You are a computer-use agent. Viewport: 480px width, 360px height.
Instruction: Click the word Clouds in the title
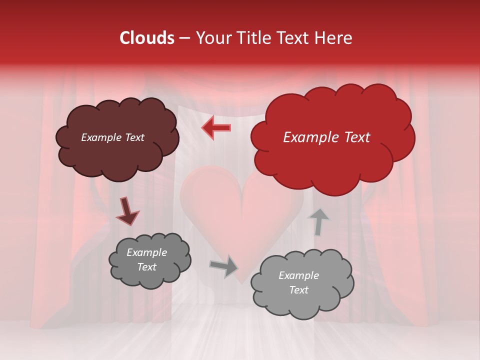coord(147,38)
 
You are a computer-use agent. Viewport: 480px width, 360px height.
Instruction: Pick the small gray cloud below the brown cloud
coord(150,260)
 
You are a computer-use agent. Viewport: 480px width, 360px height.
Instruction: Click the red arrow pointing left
coord(216,127)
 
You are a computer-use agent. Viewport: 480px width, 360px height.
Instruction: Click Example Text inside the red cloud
coord(326,137)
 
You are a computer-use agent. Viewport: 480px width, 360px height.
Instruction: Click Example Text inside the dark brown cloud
coord(112,137)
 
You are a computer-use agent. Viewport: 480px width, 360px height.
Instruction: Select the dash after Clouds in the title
coord(184,38)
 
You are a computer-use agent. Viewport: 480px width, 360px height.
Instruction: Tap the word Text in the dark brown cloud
coord(134,137)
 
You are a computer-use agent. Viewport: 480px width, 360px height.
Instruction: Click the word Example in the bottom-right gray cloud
coord(298,275)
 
